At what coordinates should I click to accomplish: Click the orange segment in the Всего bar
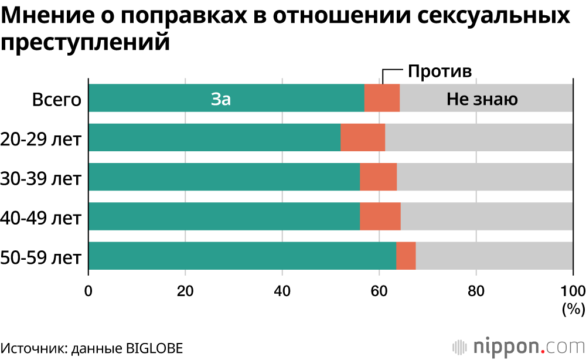click(x=381, y=98)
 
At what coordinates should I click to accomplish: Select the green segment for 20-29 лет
click(x=214, y=138)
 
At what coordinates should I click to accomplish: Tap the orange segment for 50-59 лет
click(x=406, y=256)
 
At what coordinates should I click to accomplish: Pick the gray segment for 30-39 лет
click(x=485, y=177)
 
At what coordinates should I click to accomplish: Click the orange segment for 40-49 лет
click(x=380, y=216)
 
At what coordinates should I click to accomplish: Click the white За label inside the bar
click(x=221, y=99)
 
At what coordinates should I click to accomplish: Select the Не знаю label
click(x=482, y=99)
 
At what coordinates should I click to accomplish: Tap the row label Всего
click(x=56, y=99)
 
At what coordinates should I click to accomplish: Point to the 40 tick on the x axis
click(x=282, y=290)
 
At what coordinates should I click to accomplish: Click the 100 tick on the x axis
click(x=573, y=290)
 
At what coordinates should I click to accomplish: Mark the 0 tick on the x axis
click(x=88, y=290)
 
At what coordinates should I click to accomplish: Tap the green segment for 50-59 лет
click(x=241, y=256)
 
